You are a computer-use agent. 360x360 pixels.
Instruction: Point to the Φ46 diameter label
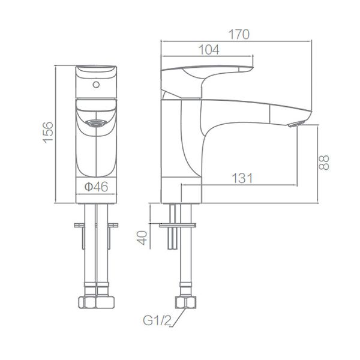96,187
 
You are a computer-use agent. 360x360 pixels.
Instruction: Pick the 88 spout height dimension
325,161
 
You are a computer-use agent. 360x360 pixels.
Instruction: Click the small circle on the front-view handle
95,85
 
